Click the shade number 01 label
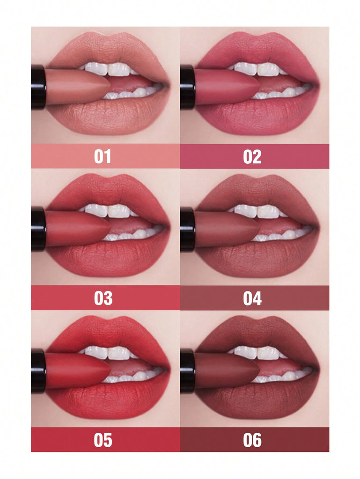click(103, 156)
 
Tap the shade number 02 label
click(252, 156)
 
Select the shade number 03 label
click(103, 298)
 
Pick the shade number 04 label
click(252, 298)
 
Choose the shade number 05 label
click(103, 440)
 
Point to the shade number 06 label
click(252, 440)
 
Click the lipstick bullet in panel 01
click(78, 87)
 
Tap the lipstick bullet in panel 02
click(227, 87)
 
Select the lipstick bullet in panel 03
click(78, 228)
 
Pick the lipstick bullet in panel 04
click(227, 228)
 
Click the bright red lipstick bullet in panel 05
click(78, 370)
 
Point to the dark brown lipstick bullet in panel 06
click(227, 370)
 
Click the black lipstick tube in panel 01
click(38, 87)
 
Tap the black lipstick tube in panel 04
click(188, 229)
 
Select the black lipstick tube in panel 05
click(38, 371)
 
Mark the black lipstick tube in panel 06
click(188, 371)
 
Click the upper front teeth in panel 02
click(257, 69)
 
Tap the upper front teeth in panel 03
click(108, 211)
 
